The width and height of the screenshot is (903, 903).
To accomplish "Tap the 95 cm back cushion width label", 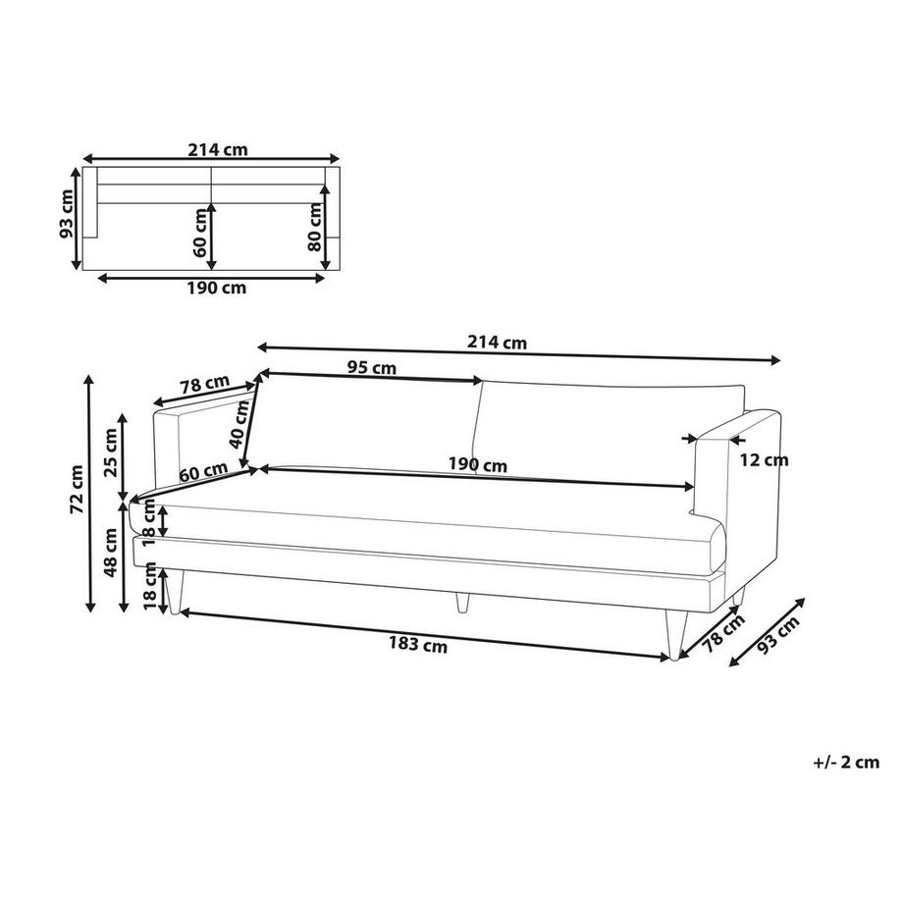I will pyautogui.click(x=371, y=368).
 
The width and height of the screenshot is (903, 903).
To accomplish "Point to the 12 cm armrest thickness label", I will pyautogui.click(x=762, y=459).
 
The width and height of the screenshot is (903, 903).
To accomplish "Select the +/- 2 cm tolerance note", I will pyautogui.click(x=846, y=762).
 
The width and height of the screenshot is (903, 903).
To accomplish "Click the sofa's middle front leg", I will pyautogui.click(x=461, y=601).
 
